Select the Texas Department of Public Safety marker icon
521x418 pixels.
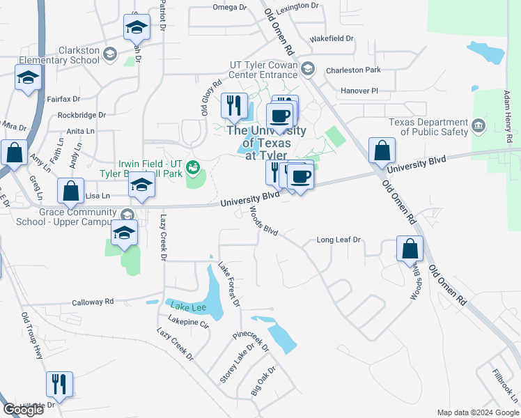coord(479,126)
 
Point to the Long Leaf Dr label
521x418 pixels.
coord(339,240)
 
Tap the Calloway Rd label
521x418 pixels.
coord(93,302)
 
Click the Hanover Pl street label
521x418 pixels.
coord(359,91)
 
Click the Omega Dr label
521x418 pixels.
coord(229,8)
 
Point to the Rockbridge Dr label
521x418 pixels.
coord(81,115)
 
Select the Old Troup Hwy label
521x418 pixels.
coord(32,335)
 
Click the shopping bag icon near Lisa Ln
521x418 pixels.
coord(71,190)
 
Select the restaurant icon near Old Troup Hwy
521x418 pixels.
coord(59,384)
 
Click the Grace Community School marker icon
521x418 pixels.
coord(126,215)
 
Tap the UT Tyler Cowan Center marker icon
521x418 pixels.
coord(309,69)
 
